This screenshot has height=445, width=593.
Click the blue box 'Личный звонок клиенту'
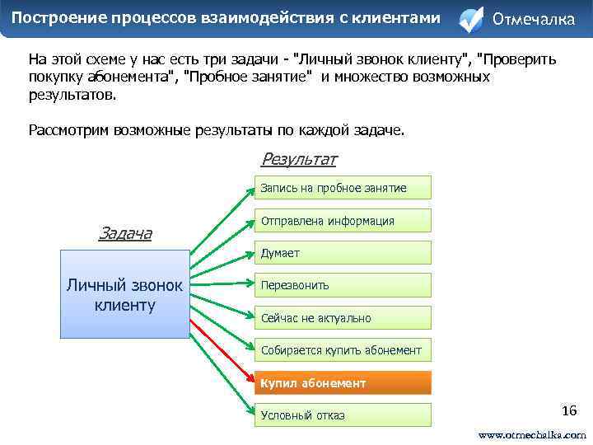point(124,294)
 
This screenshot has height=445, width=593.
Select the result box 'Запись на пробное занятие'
point(342,188)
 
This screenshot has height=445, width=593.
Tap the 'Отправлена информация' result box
point(342,221)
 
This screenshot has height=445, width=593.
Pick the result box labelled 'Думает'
point(342,253)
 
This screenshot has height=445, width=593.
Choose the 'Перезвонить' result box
point(342,285)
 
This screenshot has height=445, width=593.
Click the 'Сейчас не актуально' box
point(342,318)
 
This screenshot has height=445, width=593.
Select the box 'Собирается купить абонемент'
point(342,350)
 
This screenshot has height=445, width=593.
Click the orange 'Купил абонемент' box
point(342,383)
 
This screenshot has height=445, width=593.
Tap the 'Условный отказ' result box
point(342,415)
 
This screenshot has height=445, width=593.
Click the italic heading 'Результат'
point(298,159)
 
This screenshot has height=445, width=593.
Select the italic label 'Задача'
point(124,233)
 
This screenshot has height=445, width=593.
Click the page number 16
point(568,410)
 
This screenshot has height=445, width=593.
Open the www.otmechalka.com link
point(532,434)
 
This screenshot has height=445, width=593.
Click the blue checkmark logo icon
point(470,20)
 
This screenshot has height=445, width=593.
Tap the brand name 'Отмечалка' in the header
point(533,20)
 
